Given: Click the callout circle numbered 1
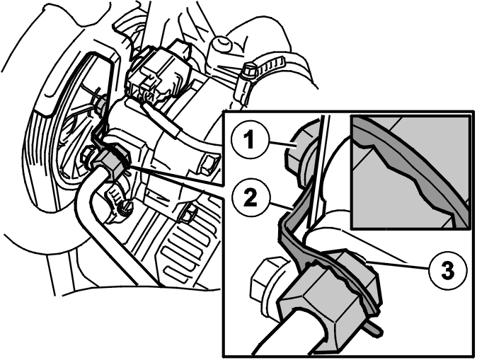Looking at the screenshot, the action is (x=249, y=141).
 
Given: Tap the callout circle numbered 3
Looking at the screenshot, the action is (x=447, y=271).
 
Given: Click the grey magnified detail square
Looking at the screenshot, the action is (x=410, y=172).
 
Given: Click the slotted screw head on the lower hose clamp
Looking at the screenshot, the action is (x=125, y=208).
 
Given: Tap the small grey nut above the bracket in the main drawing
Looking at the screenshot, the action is (x=100, y=105).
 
